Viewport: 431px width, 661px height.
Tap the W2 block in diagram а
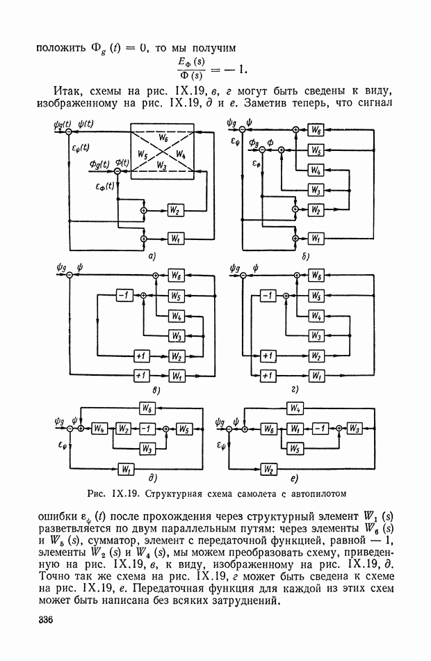pyautogui.click(x=174, y=209)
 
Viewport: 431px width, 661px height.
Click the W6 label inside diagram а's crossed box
pyautogui.click(x=163, y=138)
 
